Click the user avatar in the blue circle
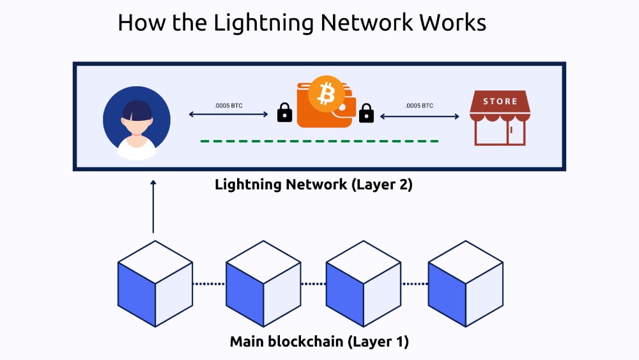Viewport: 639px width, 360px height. [x=137, y=123]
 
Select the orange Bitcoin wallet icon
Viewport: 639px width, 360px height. [x=324, y=106]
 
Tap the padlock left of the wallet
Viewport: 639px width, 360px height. [x=284, y=114]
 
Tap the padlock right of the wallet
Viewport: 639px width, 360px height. [x=366, y=114]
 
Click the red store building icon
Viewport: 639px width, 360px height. [x=499, y=118]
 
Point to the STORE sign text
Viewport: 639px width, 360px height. [x=500, y=101]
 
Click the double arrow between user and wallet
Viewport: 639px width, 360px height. [x=229, y=115]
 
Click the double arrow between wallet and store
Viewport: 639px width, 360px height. [x=420, y=116]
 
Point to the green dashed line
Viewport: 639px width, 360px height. [x=319, y=141]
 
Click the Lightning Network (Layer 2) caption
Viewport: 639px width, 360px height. [x=314, y=185]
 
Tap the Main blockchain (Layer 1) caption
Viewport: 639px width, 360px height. [x=319, y=341]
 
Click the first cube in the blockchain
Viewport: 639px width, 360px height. [x=155, y=284]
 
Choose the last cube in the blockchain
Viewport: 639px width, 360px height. [x=465, y=284]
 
